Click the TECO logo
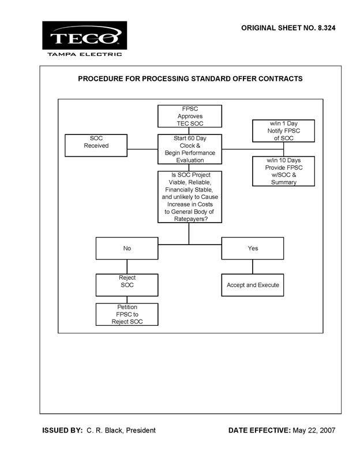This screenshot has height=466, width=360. pos(84,35)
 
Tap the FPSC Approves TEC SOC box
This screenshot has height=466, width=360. pos(190,116)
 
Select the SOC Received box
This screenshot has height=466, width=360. pos(96,145)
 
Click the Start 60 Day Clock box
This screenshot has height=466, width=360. pos(190,149)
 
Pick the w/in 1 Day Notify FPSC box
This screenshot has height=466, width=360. pos(283,131)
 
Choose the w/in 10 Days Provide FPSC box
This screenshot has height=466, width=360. pos(283,171)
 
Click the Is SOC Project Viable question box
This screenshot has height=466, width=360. pos(190,197)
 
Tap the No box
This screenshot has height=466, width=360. pos(127,248)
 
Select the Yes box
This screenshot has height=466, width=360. pos(253,248)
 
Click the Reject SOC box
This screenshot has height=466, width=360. pos(127,285)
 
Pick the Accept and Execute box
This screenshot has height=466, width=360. pos(253,285)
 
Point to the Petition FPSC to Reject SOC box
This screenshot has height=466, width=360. pos(127,314)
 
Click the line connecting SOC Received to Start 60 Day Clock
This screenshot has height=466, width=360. pos(142,149)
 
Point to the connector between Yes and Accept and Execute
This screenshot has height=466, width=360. pos(253,266)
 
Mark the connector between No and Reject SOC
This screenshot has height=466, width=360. pos(127,266)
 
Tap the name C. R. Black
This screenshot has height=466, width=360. pos(104,430)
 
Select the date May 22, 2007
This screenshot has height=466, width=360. pos(314,430)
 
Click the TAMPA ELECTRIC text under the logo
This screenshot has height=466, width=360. pos(85,54)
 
